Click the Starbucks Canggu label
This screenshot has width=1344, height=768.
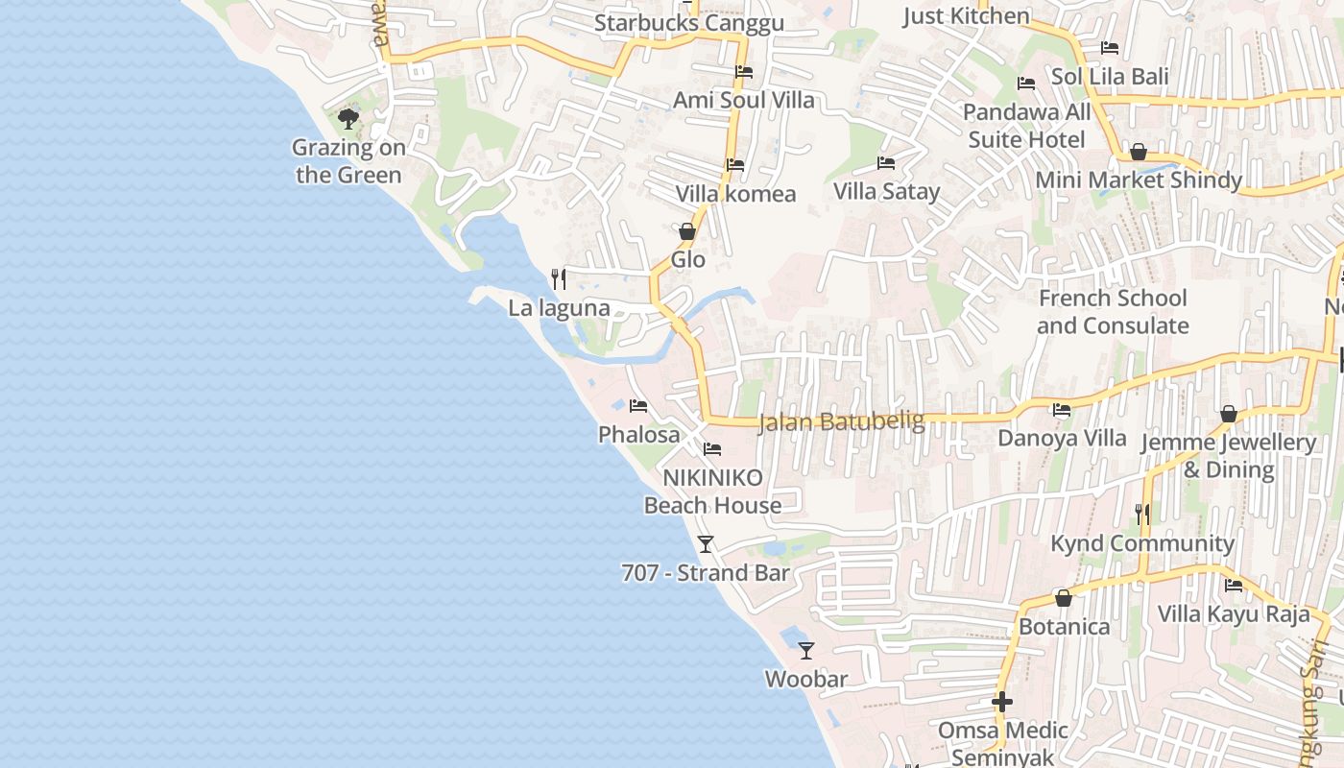point(688,23)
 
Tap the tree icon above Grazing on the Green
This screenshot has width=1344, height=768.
point(348,119)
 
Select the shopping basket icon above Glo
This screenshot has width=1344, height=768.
point(687,231)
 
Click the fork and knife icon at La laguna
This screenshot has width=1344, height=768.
point(559,279)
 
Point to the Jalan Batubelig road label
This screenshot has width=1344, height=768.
point(841,421)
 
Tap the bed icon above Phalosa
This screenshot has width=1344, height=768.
point(638,406)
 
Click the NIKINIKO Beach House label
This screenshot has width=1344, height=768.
point(712,492)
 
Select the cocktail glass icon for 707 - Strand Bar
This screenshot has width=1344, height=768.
point(706,544)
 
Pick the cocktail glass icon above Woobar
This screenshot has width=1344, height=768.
point(806,651)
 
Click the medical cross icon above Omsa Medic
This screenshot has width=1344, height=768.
point(1002,702)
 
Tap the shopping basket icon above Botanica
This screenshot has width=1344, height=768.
point(1064,598)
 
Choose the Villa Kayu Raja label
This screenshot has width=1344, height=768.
point(1234,614)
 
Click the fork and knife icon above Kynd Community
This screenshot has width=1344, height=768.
point(1142,515)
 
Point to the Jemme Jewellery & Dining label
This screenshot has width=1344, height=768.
point(1229,456)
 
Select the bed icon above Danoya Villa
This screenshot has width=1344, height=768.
point(1062,410)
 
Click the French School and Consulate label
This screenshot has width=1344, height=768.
point(1113,312)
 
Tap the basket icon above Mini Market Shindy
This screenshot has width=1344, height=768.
point(1139,152)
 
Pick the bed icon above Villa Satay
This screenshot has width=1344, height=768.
point(886,163)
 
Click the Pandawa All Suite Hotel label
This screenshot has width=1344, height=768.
point(1027,126)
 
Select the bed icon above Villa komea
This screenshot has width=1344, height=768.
point(735,165)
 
